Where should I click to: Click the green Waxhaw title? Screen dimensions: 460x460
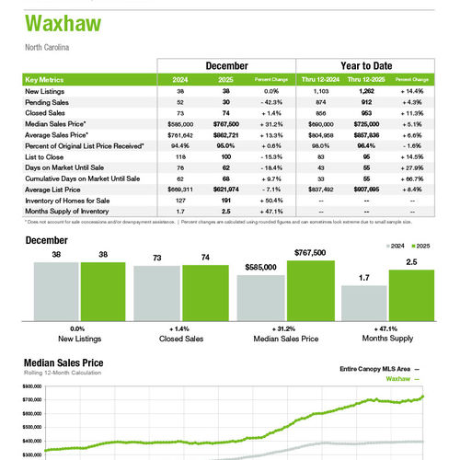61,23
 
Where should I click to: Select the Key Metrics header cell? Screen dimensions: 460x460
47,80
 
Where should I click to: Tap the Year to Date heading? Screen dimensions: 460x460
368,66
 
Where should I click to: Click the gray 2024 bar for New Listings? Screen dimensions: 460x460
56,290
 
